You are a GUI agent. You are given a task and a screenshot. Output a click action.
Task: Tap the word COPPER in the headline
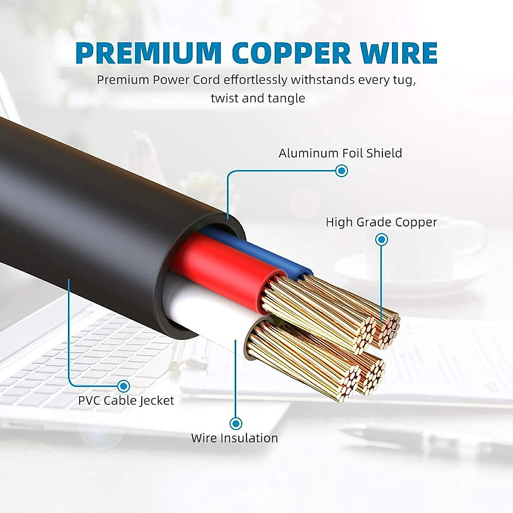pos(291,53)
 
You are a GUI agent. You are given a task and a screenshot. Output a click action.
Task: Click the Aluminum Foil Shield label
pos(340,153)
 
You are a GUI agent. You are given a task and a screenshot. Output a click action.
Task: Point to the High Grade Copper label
pos(381,222)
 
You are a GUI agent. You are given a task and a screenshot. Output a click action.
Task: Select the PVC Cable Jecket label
pos(126,401)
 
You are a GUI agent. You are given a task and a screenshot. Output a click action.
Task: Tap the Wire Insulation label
pos(234,438)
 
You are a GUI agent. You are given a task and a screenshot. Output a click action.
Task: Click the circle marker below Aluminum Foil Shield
pos(341,171)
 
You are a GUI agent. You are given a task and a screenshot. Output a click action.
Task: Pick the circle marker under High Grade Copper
pos(381,239)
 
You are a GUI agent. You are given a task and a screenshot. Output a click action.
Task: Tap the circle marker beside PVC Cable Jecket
pos(124,386)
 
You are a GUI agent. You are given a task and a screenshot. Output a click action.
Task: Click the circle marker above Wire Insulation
pos(236,424)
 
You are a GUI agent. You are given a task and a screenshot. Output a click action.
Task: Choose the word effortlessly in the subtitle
pos(255,80)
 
